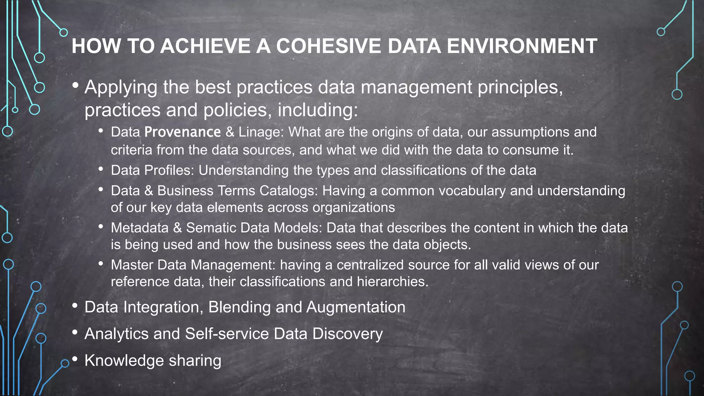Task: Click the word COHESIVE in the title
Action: (x=329, y=46)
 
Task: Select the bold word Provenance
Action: (x=183, y=132)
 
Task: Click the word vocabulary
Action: (x=472, y=191)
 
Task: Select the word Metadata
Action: (x=140, y=228)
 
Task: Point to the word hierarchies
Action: (x=392, y=282)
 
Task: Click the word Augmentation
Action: (x=356, y=307)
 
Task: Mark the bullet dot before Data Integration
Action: (x=75, y=306)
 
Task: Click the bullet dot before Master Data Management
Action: (x=101, y=264)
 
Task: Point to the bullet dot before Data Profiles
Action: (x=101, y=169)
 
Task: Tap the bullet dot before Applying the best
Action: (x=75, y=85)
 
